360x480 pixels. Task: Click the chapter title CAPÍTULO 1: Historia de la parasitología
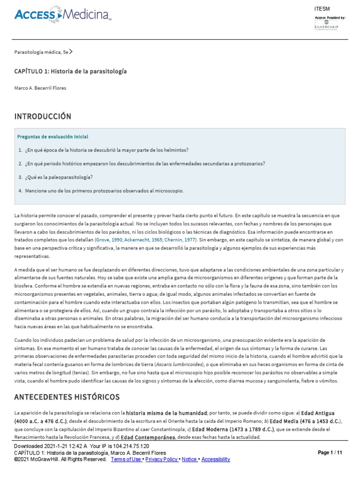pyautogui.click(x=70, y=71)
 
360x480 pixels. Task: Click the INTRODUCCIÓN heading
pyautogui.click(x=43, y=116)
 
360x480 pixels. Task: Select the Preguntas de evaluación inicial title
pyautogui.click(x=52, y=137)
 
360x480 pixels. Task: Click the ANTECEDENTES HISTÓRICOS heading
pyautogui.click(x=67, y=397)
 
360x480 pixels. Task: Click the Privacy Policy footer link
pyautogui.click(x=162, y=459)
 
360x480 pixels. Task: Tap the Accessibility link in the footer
pyautogui.click(x=215, y=459)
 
